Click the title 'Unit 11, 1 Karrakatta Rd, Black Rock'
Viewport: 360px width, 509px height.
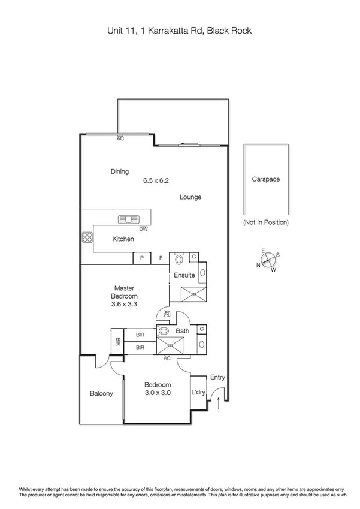pyautogui.click(x=180, y=31)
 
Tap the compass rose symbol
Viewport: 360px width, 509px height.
pyautogui.click(x=268, y=260)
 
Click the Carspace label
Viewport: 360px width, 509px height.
pyautogui.click(x=265, y=179)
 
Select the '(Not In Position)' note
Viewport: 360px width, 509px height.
pyautogui.click(x=265, y=222)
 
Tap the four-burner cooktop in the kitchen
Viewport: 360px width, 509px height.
pyautogui.click(x=87, y=237)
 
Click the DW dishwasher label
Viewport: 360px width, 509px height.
pyautogui.click(x=143, y=229)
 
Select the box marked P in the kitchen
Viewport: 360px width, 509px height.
pyautogui.click(x=142, y=258)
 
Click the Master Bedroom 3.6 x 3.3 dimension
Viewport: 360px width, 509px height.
pyautogui.click(x=125, y=305)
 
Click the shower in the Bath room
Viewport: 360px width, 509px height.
pyautogui.click(x=174, y=345)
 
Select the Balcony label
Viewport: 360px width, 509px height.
pyautogui.click(x=101, y=394)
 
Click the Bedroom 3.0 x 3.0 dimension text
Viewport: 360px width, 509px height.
pyautogui.click(x=158, y=393)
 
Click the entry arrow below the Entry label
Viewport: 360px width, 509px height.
pyautogui.click(x=217, y=406)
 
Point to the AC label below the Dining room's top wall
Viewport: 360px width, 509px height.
pyautogui.click(x=120, y=138)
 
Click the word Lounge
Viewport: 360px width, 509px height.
pyautogui.click(x=190, y=197)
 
